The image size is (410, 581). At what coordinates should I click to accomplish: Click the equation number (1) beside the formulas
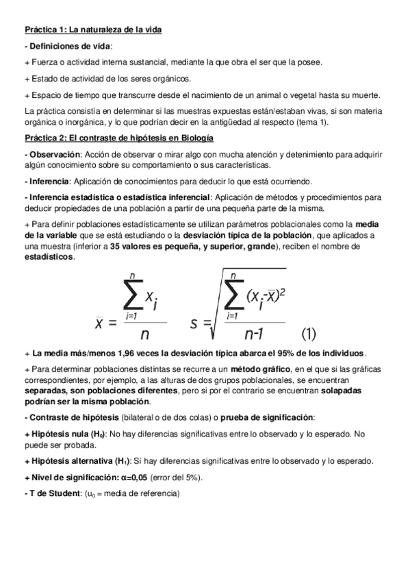pyautogui.click(x=309, y=334)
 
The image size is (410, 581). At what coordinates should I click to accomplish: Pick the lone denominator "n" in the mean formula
pyautogui.click(x=144, y=335)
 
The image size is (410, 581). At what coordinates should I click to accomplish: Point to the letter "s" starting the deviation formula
pyautogui.click(x=196, y=321)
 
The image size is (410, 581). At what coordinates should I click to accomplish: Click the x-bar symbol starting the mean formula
pyautogui.click(x=100, y=322)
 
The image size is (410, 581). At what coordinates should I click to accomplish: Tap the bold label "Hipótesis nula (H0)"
pyautogui.click(x=66, y=433)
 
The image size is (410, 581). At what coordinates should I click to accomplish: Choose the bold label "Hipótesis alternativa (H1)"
pyautogui.click(x=76, y=461)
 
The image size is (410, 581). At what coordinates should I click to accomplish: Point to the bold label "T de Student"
pyautogui.click(x=52, y=493)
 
